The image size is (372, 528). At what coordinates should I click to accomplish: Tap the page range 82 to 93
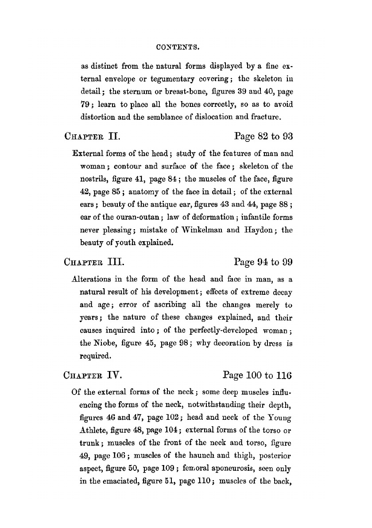[263, 136]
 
